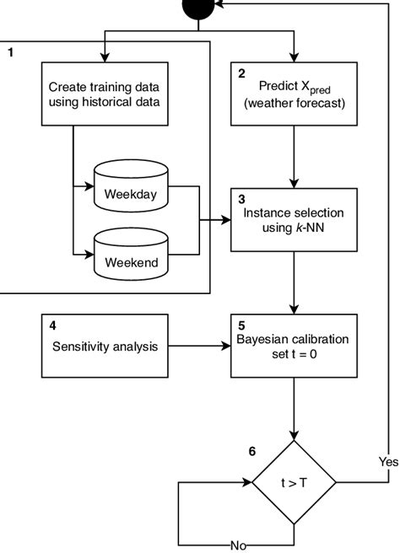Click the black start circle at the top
[200, 8]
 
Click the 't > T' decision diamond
[294, 483]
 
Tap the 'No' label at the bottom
[238, 545]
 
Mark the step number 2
[241, 74]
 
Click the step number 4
[52, 325]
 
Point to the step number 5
[241, 325]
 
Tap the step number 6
[251, 451]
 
